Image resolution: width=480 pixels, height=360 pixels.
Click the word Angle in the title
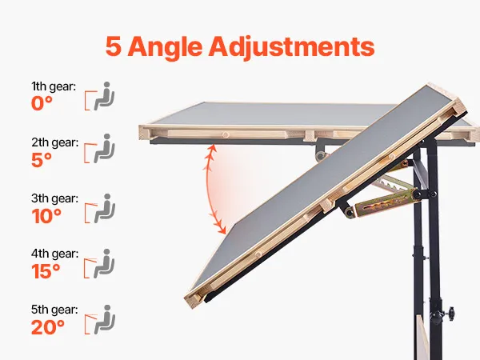point(165,46)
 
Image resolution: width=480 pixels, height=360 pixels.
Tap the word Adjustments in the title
point(291,47)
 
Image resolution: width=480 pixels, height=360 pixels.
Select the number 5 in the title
point(114,46)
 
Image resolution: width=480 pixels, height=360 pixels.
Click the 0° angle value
point(42,103)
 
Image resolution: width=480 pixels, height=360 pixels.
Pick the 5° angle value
point(42,159)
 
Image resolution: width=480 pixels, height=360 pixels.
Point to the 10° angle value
point(46,216)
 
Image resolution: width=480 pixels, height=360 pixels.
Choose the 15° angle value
point(46,271)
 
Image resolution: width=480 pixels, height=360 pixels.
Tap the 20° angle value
point(48,327)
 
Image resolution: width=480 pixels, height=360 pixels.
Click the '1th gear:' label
point(54,86)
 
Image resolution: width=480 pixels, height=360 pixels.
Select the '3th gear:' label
point(54,198)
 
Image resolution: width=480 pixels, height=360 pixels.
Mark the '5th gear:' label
point(54,310)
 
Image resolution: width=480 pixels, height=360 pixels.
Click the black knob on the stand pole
point(450,313)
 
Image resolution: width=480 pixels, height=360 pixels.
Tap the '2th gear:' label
point(54,142)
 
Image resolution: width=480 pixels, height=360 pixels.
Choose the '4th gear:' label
point(54,254)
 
